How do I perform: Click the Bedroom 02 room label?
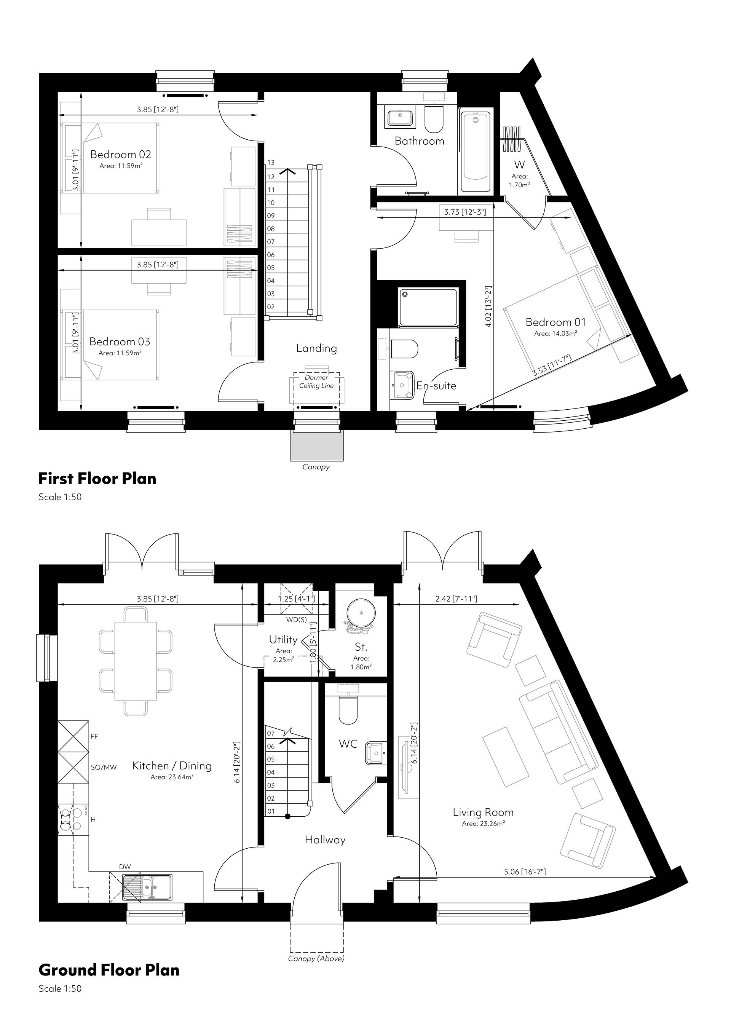coord(120,154)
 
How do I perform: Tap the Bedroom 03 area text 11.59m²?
coord(120,353)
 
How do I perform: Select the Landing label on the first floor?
coord(316,348)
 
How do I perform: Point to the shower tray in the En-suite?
coord(428,307)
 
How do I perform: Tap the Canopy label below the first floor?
coord(316,467)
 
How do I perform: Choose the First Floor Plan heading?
coord(97,479)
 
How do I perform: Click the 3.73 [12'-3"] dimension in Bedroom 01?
coord(465,212)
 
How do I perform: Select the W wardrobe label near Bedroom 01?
coord(519,164)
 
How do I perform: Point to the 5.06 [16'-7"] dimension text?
coord(525,872)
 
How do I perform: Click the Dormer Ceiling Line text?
coord(316,382)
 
